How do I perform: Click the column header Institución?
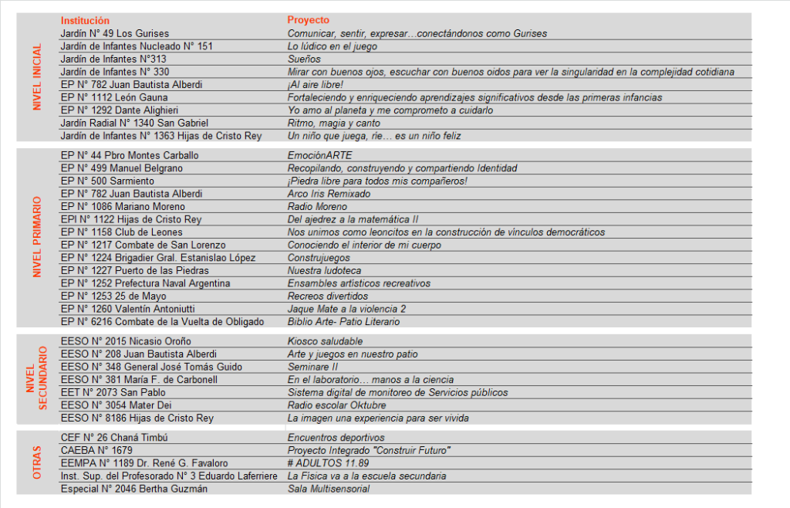click(85, 21)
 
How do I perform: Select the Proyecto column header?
click(308, 21)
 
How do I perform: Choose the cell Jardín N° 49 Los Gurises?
click(114, 34)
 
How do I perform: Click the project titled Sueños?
click(304, 59)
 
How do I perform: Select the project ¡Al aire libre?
click(315, 85)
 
